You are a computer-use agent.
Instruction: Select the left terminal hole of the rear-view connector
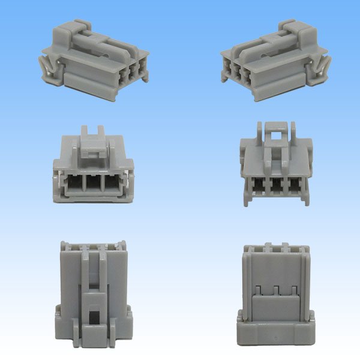(x=258, y=185)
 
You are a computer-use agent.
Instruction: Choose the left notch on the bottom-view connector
(x=257, y=291)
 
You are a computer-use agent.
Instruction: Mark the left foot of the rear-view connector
(x=247, y=197)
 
